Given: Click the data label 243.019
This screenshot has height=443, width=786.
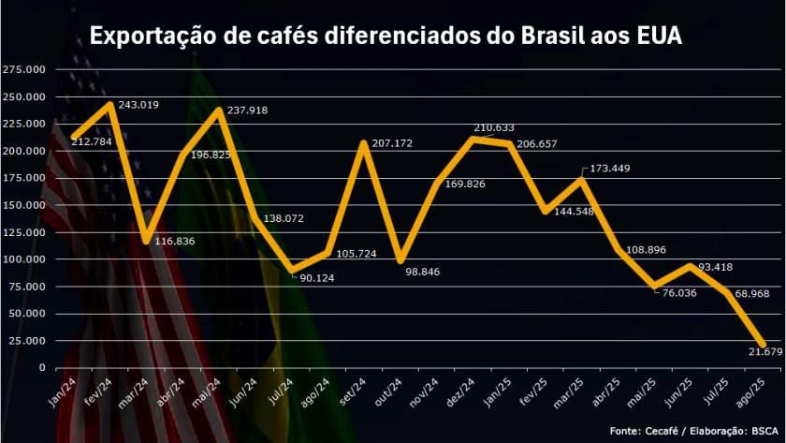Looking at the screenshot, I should (139, 104).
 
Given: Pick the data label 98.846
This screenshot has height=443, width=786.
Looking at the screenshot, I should (422, 272).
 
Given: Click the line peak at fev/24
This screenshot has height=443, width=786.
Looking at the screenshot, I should (111, 103).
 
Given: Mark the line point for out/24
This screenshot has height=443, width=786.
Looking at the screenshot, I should (400, 260).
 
